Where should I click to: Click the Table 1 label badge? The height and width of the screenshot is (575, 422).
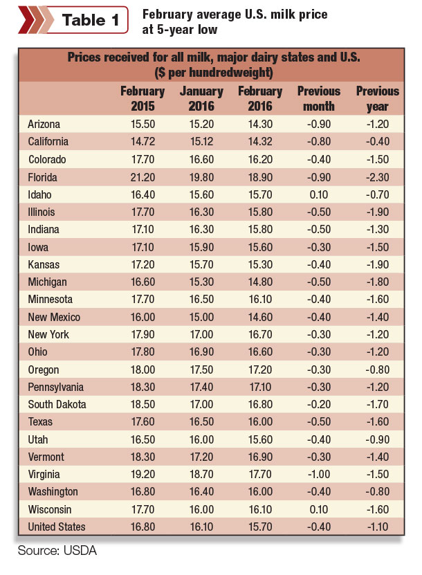[x=73, y=20]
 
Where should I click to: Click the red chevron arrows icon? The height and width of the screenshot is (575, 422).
[x=35, y=20]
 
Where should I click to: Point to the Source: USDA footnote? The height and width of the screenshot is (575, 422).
[x=57, y=550]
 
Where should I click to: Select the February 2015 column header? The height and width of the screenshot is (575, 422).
[x=143, y=99]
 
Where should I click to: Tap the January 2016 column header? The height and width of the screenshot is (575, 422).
[x=201, y=99]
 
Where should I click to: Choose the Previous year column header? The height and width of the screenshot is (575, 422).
[x=378, y=99]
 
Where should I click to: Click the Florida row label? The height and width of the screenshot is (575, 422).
[x=42, y=178]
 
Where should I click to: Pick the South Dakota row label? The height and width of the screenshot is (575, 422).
[x=57, y=405]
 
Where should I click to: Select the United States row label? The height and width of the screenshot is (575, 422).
[x=57, y=527]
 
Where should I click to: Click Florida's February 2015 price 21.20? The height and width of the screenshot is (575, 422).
[x=143, y=178]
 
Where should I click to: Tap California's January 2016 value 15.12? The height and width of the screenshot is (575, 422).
[x=201, y=142]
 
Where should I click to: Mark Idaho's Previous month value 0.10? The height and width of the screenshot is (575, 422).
[x=319, y=194]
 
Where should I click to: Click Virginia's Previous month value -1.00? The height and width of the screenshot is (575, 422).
[x=319, y=474]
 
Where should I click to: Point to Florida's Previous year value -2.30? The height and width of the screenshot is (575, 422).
[x=378, y=178]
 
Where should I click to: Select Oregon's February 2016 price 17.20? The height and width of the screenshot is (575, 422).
[x=260, y=369]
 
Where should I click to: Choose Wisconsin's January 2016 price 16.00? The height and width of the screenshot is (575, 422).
[x=201, y=509]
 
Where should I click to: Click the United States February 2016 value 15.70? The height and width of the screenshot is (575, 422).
[x=260, y=527]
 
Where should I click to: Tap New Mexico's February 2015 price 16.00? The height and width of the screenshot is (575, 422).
[x=143, y=317]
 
